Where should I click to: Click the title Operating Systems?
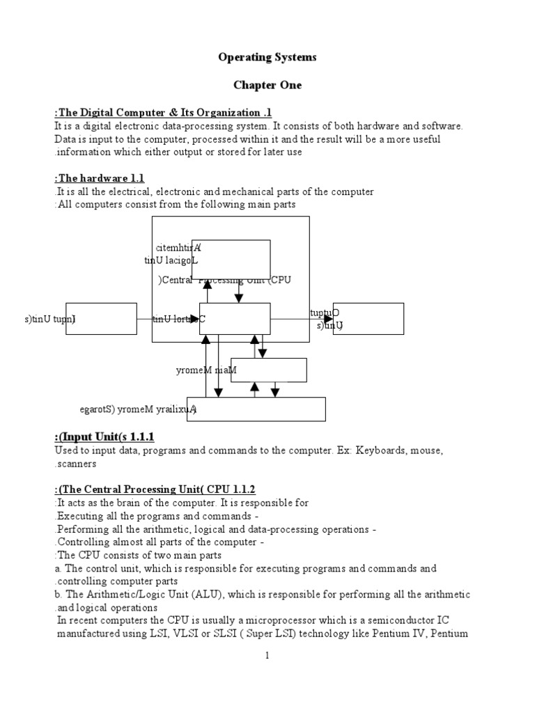click(x=267, y=57)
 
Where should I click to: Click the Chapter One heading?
click(x=267, y=85)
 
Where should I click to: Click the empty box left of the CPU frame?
click(x=102, y=318)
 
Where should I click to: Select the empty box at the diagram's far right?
click(x=369, y=318)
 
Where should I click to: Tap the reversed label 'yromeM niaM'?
click(x=206, y=370)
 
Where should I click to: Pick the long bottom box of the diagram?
click(x=256, y=409)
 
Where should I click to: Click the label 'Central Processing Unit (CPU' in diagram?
click(x=224, y=280)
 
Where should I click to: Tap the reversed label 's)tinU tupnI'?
click(x=49, y=319)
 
